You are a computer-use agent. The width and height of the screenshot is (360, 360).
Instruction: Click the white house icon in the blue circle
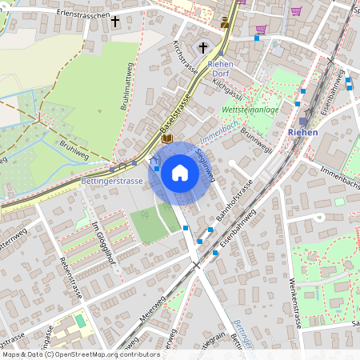(180, 173)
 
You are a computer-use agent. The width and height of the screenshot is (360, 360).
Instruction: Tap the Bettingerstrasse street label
(112, 182)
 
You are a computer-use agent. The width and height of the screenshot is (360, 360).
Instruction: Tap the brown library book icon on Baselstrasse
(166, 138)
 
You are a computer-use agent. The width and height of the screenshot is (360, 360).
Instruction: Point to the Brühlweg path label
(72, 150)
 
